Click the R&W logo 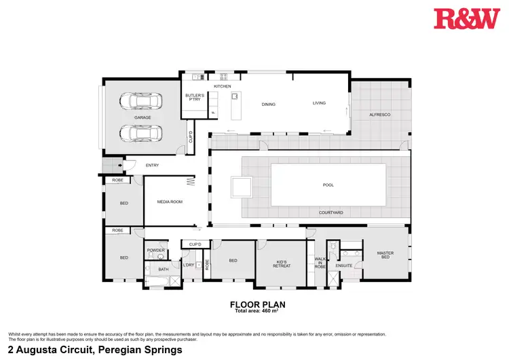pyautogui.click(x=467, y=18)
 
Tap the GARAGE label pyautogui.click(x=143, y=118)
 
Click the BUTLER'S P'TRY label pyautogui.click(x=194, y=98)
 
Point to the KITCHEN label pyautogui.click(x=223, y=87)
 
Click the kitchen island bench pyautogui.click(x=235, y=106)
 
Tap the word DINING pyautogui.click(x=269, y=104)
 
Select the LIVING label pyautogui.click(x=319, y=103)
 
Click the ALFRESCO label pyautogui.click(x=379, y=115)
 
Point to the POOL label pyautogui.click(x=328, y=185)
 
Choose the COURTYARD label pyautogui.click(x=331, y=213)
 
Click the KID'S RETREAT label pyautogui.click(x=281, y=263)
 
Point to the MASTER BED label pyautogui.click(x=385, y=256)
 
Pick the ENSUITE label pyautogui.click(x=344, y=266)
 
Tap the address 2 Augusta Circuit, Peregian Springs pyautogui.click(x=95, y=350)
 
